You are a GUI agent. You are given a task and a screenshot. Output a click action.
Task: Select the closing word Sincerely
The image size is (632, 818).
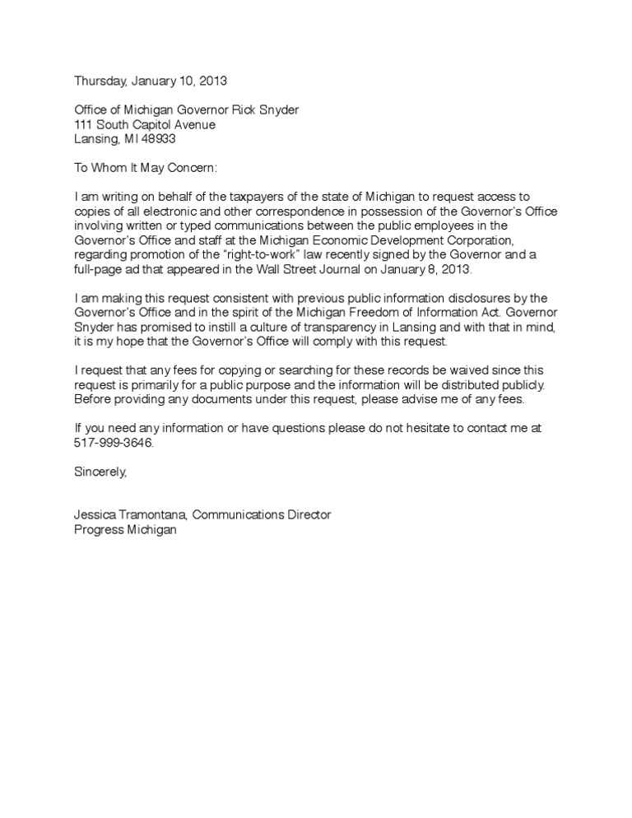(101, 472)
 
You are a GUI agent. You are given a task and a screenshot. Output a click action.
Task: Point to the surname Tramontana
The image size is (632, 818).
(154, 515)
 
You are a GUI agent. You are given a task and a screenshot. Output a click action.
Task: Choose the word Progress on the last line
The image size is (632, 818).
(97, 530)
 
